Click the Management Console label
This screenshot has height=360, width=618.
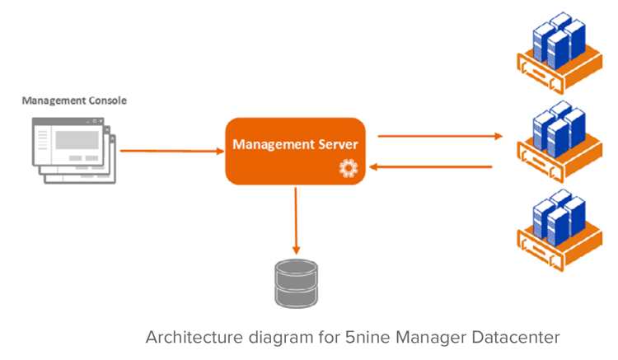click(74, 101)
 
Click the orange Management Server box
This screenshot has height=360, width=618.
click(294, 151)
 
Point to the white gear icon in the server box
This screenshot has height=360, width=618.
click(347, 169)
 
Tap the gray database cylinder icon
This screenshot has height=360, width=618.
click(295, 282)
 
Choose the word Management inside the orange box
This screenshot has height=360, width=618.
click(270, 144)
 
